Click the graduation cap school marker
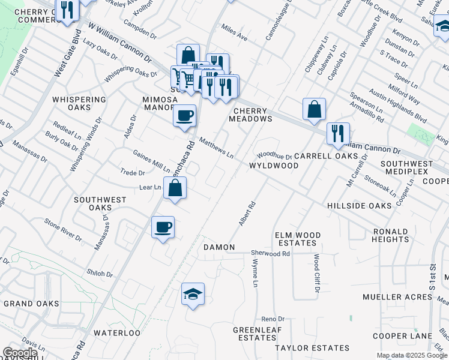pos(193,295)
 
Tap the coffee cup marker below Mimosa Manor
pos(184,115)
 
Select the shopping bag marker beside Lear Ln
pos(175,190)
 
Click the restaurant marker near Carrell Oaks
pos(338,133)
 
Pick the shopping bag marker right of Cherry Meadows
pos(314,110)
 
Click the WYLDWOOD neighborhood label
pos(274,165)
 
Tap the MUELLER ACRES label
pos(388,297)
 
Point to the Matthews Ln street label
pos(216,148)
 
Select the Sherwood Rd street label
pos(270,254)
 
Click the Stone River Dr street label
pos(62,229)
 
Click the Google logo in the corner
pos(20,353)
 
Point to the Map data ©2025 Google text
pos(412,355)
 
